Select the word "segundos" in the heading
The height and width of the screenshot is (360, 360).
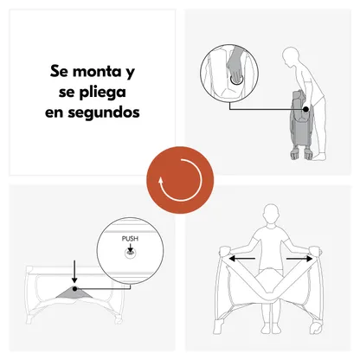tap(104, 112)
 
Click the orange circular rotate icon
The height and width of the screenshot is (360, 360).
tap(180, 180)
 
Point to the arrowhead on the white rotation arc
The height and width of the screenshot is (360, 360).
tap(161, 182)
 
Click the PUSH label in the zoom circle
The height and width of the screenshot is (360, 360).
tap(130, 239)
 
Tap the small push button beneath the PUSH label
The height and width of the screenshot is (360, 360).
tap(131, 254)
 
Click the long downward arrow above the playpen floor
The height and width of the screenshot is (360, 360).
tap(74, 272)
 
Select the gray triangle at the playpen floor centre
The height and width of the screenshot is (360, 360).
tap(74, 292)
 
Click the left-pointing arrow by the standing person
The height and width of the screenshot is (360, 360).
tap(241, 259)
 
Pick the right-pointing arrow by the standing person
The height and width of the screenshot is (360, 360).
tap(299, 259)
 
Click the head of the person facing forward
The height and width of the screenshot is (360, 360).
tap(271, 214)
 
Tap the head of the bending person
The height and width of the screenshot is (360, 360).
tap(291, 57)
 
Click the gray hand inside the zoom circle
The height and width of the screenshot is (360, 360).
tap(236, 65)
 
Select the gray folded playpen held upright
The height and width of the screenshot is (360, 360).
tap(302, 125)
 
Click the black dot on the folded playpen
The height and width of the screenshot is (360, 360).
tap(305, 109)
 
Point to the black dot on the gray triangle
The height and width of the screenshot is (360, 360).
tap(74, 288)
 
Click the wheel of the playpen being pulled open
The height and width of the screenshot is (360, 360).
tap(317, 327)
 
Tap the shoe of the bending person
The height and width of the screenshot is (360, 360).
tap(319, 157)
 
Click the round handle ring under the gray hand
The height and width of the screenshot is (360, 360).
tap(236, 80)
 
